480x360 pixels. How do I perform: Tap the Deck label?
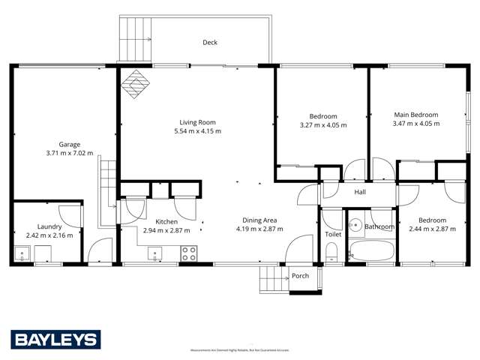coord(210,43)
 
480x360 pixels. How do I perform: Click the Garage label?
coord(70,144)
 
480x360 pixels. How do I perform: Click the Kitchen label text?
coord(166,221)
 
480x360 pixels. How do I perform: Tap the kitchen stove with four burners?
coord(189,253)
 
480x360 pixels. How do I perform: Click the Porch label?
coord(301,275)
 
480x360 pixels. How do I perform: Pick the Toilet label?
coord(333,234)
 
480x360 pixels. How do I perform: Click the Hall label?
coord(360,192)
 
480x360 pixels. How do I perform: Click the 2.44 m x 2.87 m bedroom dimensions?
coord(431,229)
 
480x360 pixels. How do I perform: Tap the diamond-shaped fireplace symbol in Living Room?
coord(135,84)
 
